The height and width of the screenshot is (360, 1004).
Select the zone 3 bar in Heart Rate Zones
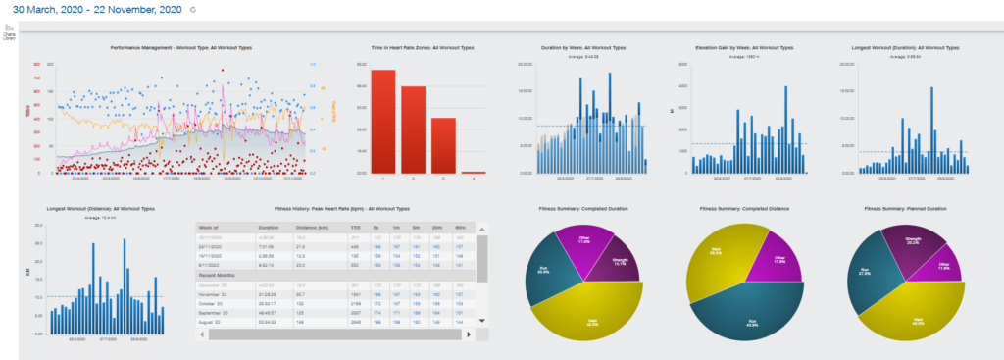[x=443, y=145]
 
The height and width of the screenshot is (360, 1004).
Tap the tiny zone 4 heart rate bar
[x=474, y=172]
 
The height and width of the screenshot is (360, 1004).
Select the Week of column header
[x=214, y=226]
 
